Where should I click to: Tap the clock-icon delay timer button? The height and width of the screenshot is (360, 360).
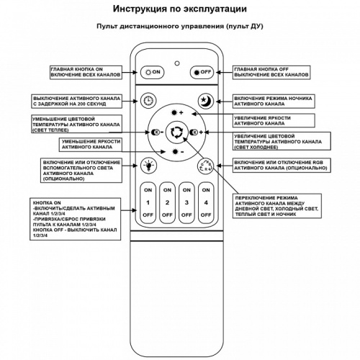pos(149,101)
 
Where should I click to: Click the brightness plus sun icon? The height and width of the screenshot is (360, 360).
pos(176,114)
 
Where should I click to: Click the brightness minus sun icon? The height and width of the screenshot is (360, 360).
pos(176,152)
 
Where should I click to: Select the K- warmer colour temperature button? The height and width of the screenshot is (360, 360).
pos(156,132)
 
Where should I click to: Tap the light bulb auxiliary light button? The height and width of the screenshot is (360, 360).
pos(149,164)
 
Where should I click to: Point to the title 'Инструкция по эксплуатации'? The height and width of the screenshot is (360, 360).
pos(180,9)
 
